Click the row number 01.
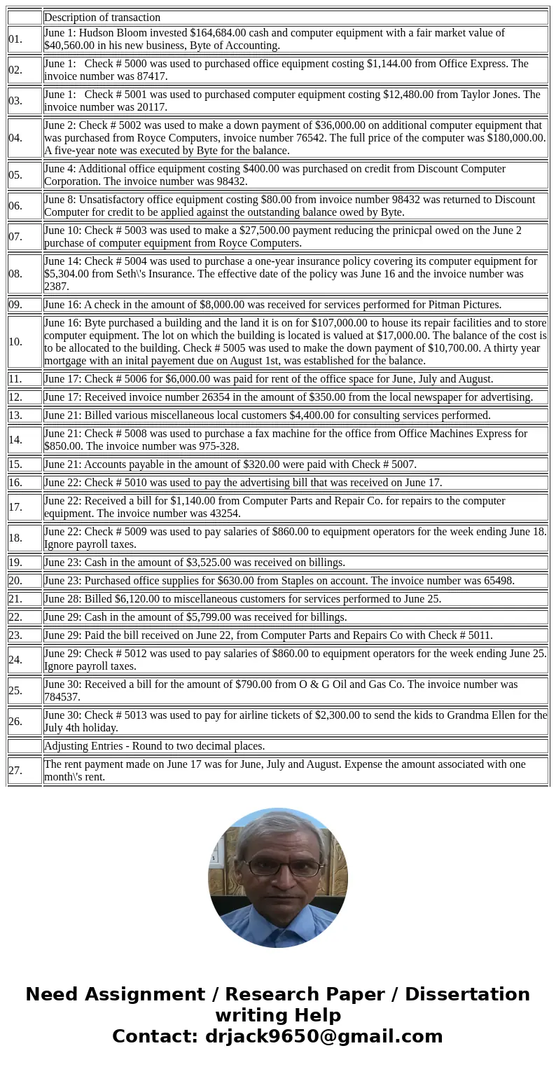click(x=15, y=39)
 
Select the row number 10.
click(x=15, y=342)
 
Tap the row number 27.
click(x=15, y=771)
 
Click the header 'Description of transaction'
click(x=102, y=18)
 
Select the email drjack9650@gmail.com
click(x=324, y=1036)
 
